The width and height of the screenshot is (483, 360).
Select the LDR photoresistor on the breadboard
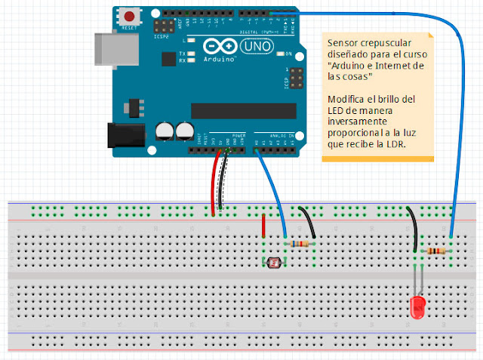point(272,262)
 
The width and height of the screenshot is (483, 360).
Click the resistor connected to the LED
point(435,251)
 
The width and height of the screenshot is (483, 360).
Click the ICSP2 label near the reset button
point(161,35)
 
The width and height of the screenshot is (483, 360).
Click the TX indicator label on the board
point(183,54)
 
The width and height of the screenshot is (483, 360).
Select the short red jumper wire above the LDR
point(263,226)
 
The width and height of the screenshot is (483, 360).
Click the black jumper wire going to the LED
point(412,226)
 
